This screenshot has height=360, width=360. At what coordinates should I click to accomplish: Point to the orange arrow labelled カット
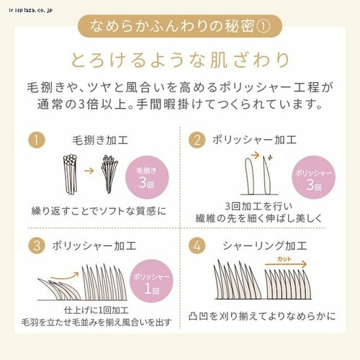(x=284, y=265)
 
